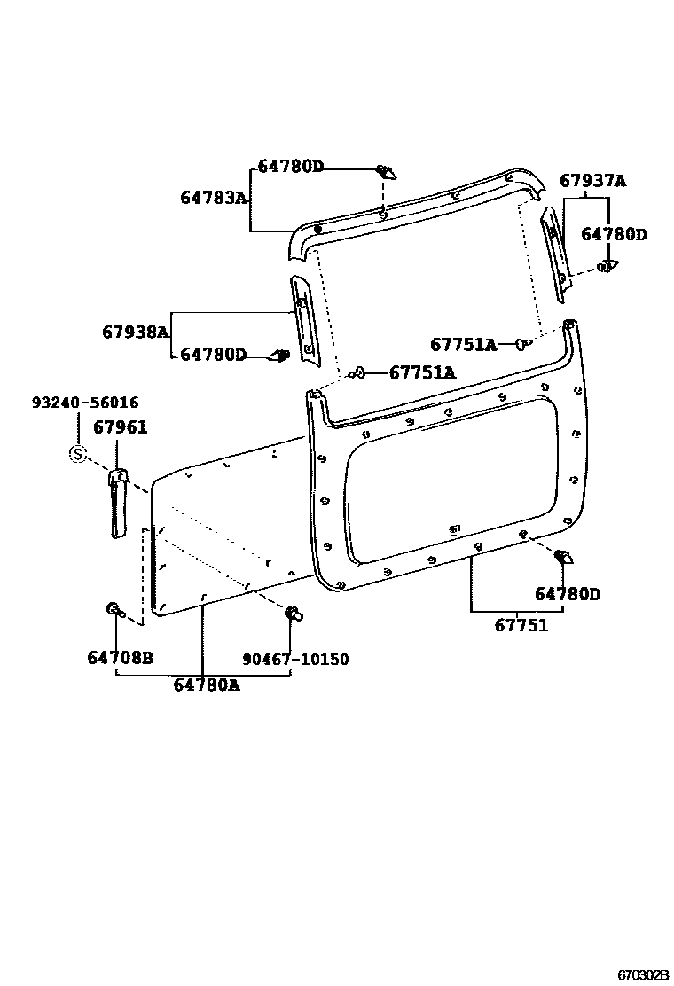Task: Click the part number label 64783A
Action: click(214, 198)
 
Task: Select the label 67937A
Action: click(592, 181)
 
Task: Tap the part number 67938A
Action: click(136, 332)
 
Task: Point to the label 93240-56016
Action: click(85, 403)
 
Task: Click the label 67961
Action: click(121, 428)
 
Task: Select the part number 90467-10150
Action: click(295, 659)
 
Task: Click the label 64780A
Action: click(206, 684)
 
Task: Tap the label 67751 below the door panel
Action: click(521, 625)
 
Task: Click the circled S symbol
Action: click(78, 455)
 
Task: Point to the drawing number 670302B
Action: click(643, 974)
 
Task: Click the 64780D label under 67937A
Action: click(614, 234)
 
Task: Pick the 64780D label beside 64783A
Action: click(291, 167)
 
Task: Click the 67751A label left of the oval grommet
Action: click(463, 344)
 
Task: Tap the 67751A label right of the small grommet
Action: click(422, 372)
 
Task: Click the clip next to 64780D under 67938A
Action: click(279, 356)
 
